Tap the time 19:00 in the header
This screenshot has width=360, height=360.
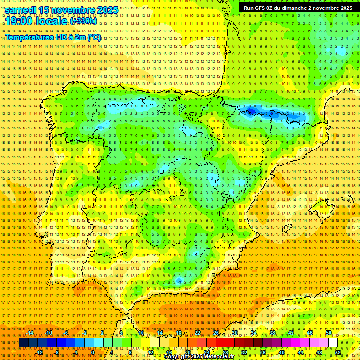[19, 21]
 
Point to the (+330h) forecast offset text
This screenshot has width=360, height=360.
[83, 22]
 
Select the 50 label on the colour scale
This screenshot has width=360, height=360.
[329, 333]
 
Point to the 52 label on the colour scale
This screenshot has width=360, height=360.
[338, 352]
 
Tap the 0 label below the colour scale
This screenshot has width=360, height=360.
[93, 352]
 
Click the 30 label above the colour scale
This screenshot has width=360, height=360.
[235, 333]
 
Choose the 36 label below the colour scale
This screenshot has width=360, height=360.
[263, 352]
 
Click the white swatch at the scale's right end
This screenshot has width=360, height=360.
[333, 343]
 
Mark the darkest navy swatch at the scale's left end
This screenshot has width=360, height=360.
[23, 343]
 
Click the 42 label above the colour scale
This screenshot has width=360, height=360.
[291, 333]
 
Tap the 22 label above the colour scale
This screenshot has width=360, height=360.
[197, 333]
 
